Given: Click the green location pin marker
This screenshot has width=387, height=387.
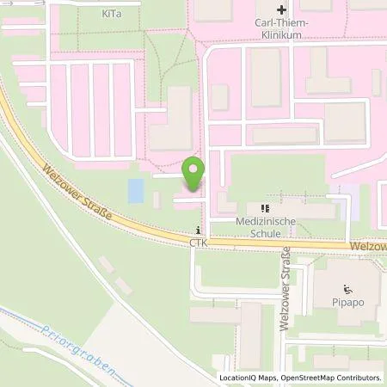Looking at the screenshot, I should point(195,175).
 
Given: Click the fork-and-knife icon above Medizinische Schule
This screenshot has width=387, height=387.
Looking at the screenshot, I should point(266,207).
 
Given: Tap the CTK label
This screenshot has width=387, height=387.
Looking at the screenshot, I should point(200,243).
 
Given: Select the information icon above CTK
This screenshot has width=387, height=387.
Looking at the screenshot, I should point(200,230).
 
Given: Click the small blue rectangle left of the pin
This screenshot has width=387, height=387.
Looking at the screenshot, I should point(136,190).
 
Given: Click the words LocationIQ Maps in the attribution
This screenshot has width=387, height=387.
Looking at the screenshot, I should point(248,378).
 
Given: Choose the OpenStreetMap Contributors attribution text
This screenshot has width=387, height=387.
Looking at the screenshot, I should point(331,378).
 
